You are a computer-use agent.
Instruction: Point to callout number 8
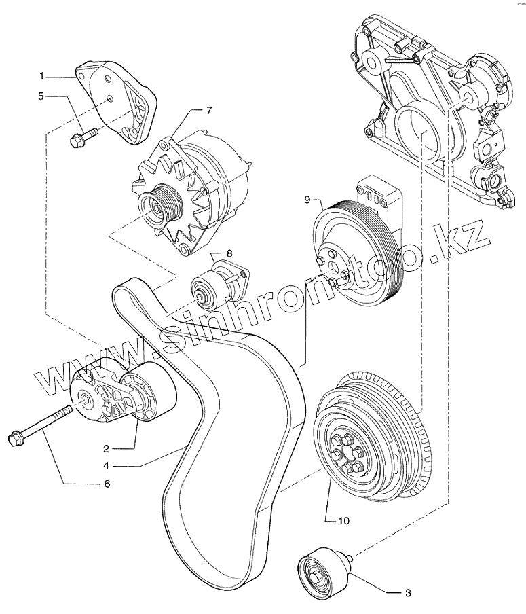[229, 253]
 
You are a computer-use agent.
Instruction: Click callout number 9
[307, 200]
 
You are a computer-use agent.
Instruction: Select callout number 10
[344, 521]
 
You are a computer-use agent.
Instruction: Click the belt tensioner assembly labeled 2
[126, 397]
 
